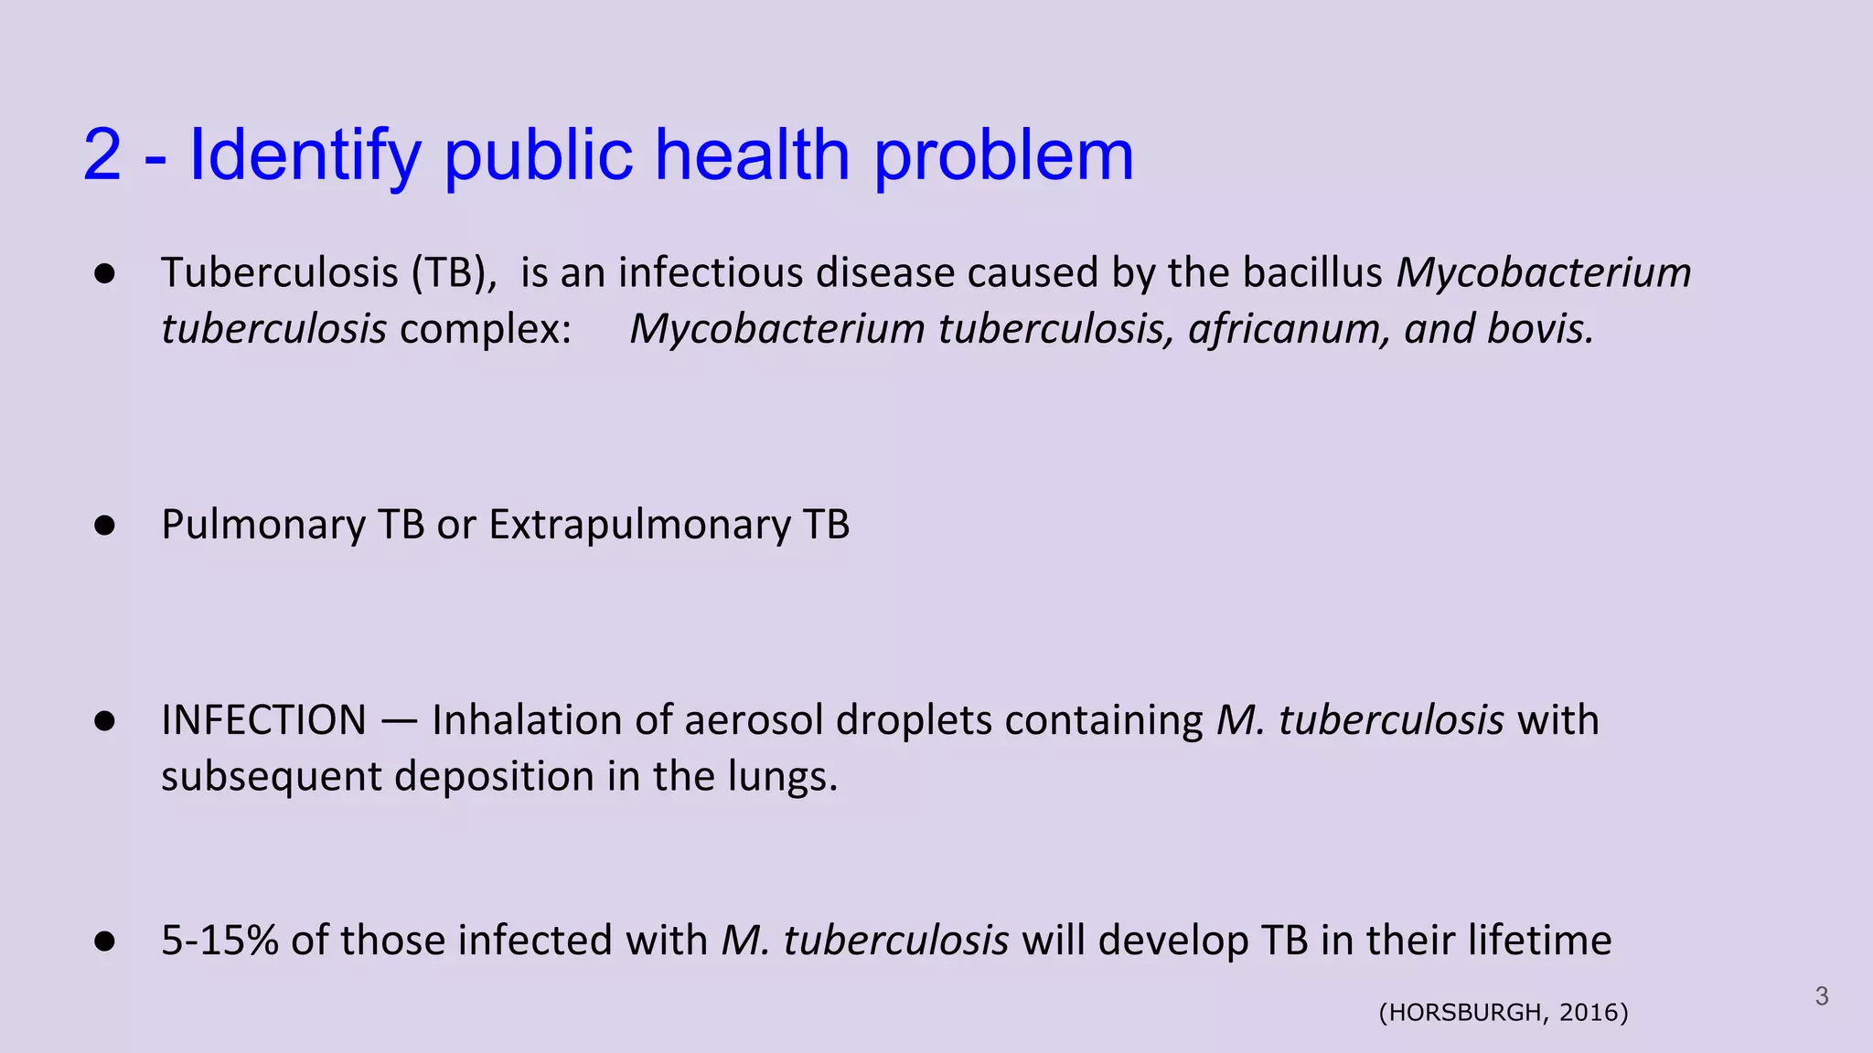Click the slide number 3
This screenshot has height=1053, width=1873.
tap(1821, 996)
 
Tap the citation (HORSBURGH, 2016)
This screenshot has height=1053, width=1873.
tap(1504, 1013)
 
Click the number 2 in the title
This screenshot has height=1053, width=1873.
tap(102, 154)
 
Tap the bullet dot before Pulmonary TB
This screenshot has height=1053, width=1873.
tap(104, 526)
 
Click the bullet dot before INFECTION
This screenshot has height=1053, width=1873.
tap(104, 721)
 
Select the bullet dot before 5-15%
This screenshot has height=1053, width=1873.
tap(104, 941)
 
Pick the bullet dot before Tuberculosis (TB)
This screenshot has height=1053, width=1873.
tap(104, 273)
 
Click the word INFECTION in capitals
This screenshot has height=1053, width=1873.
tap(263, 720)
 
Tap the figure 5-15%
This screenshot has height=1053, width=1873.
tap(219, 941)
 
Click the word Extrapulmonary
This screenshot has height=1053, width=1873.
tap(640, 526)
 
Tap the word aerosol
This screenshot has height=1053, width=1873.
tap(754, 720)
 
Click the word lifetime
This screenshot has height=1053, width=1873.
tap(1540, 941)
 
